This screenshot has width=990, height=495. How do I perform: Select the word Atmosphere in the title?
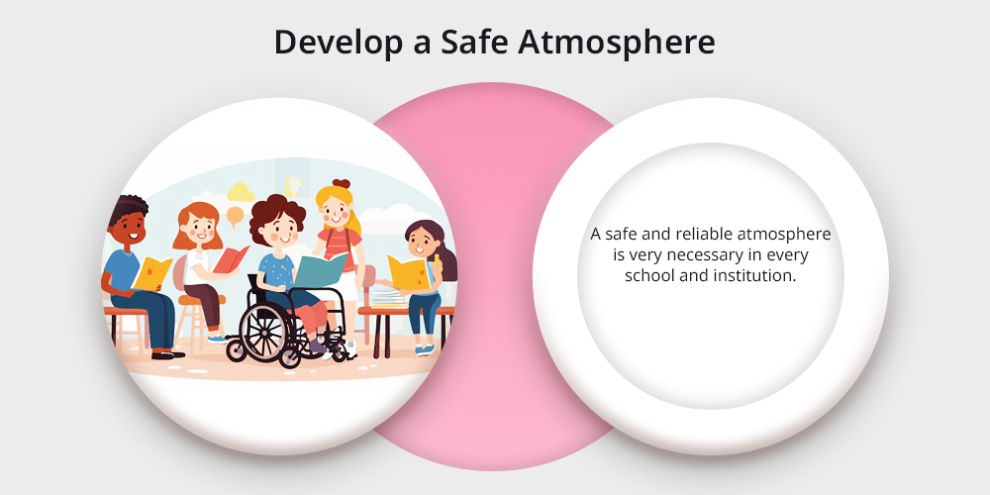coord(616,44)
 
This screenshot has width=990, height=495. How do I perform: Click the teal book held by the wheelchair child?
coord(320,269)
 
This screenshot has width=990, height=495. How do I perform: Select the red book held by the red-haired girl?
coord(231,259)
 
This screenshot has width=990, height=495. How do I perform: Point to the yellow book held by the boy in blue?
coord(151,273)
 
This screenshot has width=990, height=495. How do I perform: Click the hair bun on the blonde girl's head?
coord(341,184)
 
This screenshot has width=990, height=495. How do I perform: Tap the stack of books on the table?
coord(387,297)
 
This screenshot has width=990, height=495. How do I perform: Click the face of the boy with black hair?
coord(132,227)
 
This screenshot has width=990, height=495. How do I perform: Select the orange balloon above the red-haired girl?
coord(235,216)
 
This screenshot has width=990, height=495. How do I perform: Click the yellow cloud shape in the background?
coord(241,192)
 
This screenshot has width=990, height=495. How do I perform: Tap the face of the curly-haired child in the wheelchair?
coord(281,231)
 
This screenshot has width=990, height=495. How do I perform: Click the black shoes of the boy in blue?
coord(167,354)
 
